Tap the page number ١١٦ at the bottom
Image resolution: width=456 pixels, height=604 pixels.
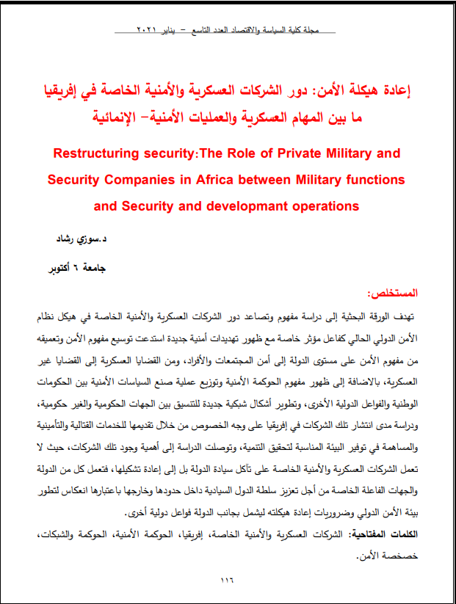coord(228,580)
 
